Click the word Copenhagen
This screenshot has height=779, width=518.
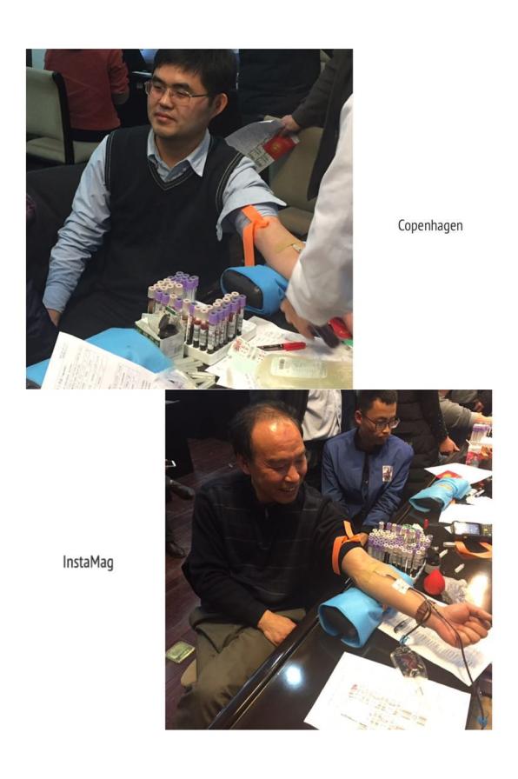click(430, 225)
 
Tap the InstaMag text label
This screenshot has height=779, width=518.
click(88, 563)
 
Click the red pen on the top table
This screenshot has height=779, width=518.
click(281, 346)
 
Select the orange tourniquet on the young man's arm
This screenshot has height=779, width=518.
click(255, 231)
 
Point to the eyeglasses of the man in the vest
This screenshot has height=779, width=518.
click(176, 93)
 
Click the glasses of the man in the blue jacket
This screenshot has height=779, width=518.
click(382, 423)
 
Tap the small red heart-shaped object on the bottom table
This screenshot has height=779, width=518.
click(434, 582)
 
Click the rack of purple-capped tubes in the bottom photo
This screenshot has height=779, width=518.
click(398, 547)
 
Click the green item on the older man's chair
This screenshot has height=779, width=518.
click(180, 651)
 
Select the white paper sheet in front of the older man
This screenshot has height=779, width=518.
click(388, 695)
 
